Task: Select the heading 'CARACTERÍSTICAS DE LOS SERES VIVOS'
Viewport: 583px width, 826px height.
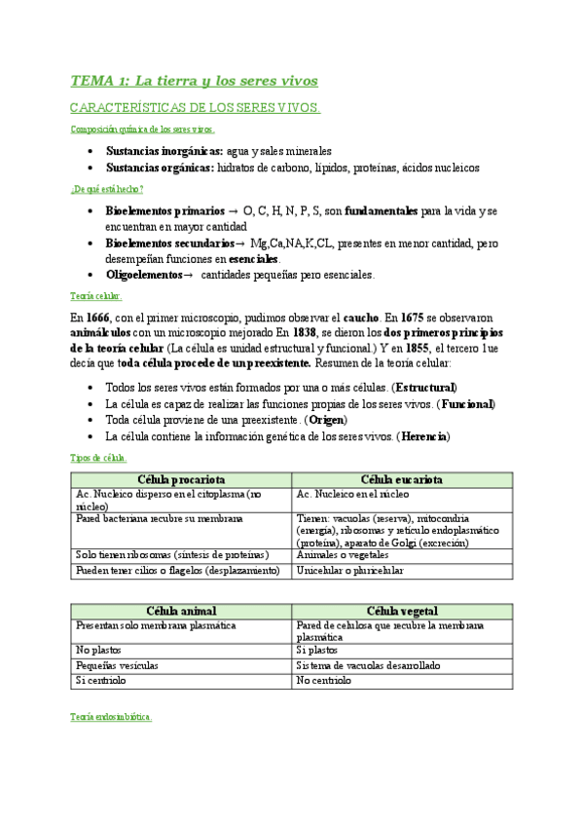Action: [195, 108]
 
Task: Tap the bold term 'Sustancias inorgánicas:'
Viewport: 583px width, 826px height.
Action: [164, 151]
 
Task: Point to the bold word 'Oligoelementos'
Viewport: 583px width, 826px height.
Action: [144, 275]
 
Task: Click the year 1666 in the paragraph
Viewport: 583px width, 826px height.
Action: [98, 318]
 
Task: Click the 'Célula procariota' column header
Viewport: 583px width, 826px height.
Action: [182, 480]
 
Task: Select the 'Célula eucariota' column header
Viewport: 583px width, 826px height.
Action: [402, 480]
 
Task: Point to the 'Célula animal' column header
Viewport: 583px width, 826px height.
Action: [182, 610]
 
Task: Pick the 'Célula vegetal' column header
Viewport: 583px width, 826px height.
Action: [402, 610]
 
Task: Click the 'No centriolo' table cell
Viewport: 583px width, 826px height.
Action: [324, 681]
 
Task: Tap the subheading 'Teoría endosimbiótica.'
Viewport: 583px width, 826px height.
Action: [111, 716]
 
